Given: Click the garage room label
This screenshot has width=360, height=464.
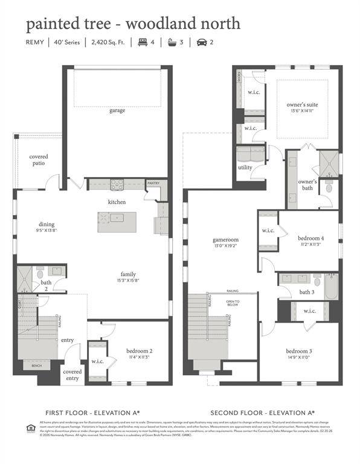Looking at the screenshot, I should click(117, 111).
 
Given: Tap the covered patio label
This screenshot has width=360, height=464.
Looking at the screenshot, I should click(39, 160).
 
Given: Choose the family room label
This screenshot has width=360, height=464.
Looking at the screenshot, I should click(128, 274).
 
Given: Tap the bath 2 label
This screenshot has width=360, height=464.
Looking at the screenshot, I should click(46, 286).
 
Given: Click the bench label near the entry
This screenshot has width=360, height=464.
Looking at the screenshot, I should click(29, 366).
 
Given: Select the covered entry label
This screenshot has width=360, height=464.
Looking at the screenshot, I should click(72, 375).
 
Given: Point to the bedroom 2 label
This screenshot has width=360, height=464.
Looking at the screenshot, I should click(139, 351).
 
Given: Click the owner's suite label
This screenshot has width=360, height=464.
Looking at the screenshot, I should click(302, 105).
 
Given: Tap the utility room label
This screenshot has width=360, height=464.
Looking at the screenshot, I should click(245, 167).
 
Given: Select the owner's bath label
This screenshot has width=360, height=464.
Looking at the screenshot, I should click(307, 185).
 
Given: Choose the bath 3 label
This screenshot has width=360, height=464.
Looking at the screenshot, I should click(307, 293).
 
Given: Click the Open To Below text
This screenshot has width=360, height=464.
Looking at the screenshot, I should click(233, 303).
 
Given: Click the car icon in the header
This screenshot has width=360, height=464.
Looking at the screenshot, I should click(201, 42).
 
